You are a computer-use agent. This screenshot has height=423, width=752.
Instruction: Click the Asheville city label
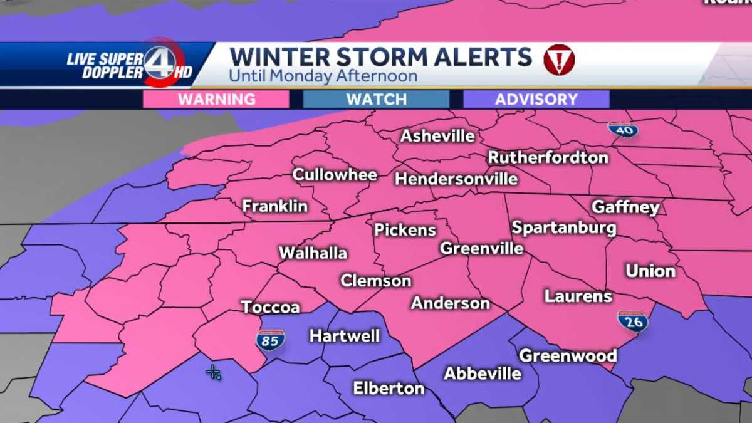point(438,136)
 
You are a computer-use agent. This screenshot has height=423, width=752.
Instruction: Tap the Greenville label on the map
point(481,248)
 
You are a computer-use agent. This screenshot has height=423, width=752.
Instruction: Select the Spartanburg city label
point(564,227)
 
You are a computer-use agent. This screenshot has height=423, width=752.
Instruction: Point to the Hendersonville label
point(456,179)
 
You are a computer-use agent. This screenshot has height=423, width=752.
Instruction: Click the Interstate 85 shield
point(270,340)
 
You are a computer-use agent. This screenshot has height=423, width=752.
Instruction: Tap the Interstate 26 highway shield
point(632,321)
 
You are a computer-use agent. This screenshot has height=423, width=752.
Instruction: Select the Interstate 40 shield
point(623,129)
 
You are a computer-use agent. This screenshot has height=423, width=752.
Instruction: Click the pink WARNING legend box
point(216,99)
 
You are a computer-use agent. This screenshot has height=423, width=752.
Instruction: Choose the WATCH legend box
point(376,99)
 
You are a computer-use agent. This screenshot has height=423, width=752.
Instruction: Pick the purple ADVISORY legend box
point(536,99)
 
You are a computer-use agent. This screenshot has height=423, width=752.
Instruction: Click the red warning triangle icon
point(559,60)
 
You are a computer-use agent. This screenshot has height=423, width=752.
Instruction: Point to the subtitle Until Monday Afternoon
point(323,76)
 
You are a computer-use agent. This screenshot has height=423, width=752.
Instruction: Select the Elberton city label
point(389,388)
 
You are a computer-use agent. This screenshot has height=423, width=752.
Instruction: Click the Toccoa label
point(270,307)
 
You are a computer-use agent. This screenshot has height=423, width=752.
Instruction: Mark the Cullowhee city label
point(335,175)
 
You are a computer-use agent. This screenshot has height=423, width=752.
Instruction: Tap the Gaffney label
point(625,207)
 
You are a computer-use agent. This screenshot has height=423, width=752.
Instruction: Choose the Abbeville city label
point(483,373)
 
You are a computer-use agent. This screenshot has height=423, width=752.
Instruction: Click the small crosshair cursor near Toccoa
point(213,372)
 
